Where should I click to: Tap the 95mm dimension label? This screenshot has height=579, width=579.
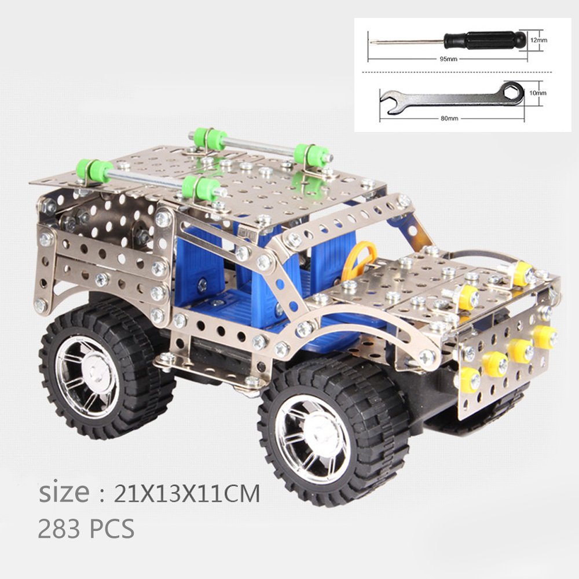click(448, 59)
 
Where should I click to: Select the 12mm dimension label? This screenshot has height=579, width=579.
click(538, 40)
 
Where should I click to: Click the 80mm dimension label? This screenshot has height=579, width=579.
click(449, 119)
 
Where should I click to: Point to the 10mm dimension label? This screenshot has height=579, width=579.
click(538, 93)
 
